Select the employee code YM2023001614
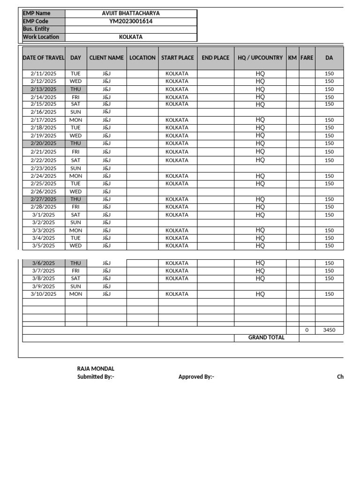click(x=131, y=21)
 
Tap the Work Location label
click(x=41, y=37)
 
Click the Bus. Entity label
click(x=36, y=29)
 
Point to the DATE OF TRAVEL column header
click(x=44, y=58)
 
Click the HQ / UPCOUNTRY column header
click(x=260, y=58)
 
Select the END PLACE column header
click(x=216, y=58)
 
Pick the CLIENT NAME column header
click(x=106, y=58)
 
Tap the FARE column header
click(x=307, y=58)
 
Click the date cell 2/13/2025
click(x=44, y=89)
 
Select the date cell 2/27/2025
click(x=44, y=199)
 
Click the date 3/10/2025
click(x=44, y=294)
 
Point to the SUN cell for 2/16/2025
click(x=75, y=112)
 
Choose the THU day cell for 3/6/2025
click(x=75, y=263)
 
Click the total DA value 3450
click(x=329, y=330)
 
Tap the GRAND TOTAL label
click(x=266, y=337)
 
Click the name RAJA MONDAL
click(x=96, y=369)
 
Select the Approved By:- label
click(x=196, y=377)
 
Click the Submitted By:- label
click(x=96, y=377)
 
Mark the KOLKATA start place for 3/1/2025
click(x=177, y=215)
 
